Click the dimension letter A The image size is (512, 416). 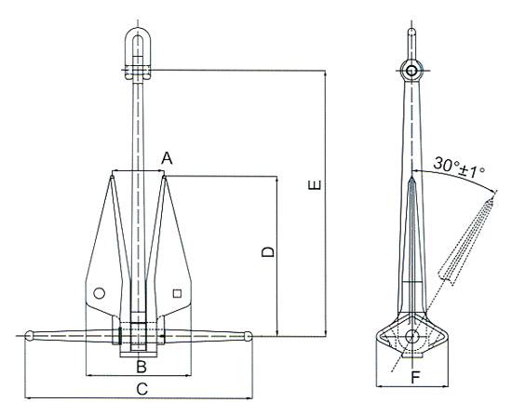click(x=167, y=158)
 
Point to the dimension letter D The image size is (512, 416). click(x=266, y=252)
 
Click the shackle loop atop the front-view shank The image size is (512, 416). click(x=137, y=45)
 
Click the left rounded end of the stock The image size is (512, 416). click(x=30, y=335)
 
